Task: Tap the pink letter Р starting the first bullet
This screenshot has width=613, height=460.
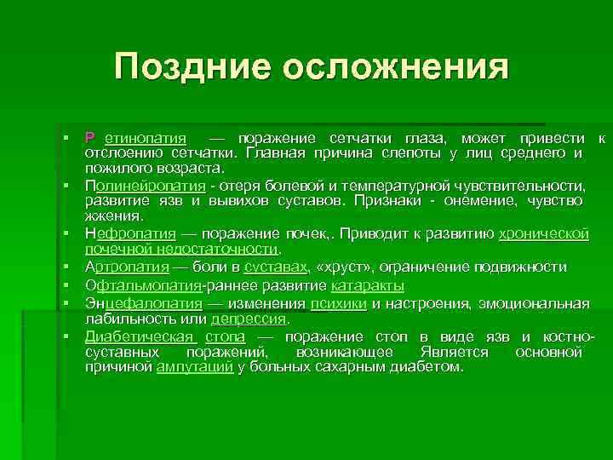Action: [x=89, y=139]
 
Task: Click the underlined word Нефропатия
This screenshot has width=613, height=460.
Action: [x=130, y=233]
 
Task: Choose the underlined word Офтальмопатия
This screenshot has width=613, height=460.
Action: [x=141, y=285]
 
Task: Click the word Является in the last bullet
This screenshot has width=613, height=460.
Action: [x=455, y=352]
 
